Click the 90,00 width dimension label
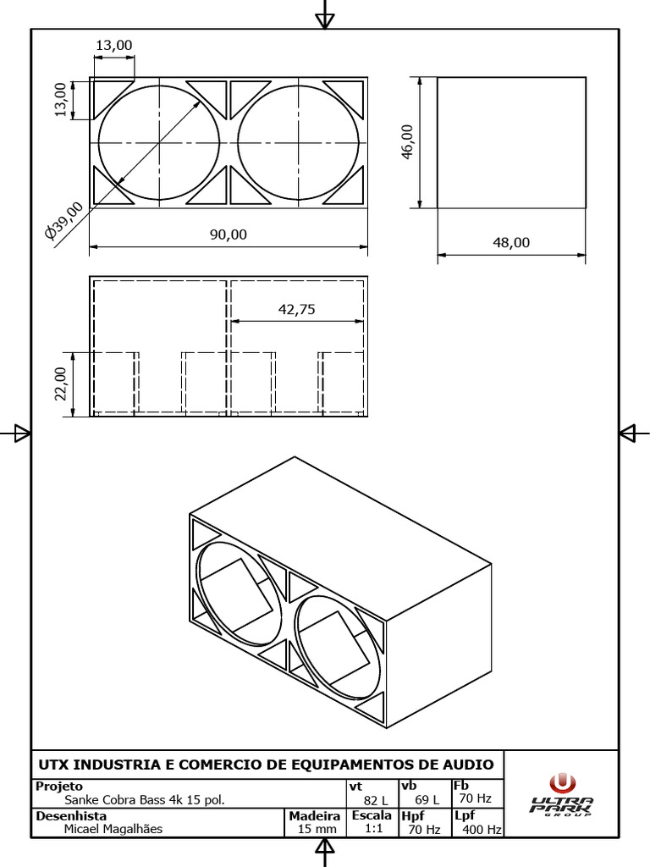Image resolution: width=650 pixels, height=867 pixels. [x=229, y=235]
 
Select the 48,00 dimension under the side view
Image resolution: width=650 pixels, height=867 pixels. [x=510, y=242]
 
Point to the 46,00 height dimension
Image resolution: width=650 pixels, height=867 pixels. [x=408, y=141]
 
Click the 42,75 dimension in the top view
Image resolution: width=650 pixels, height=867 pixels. [x=296, y=310]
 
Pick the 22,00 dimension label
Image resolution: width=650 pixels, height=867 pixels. [x=61, y=385]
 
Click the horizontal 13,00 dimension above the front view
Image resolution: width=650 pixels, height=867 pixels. [x=113, y=44]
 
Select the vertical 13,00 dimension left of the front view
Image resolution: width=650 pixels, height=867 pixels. [x=61, y=99]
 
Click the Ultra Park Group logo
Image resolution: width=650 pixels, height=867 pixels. [x=562, y=795]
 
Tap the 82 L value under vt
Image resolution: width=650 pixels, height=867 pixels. [x=376, y=800]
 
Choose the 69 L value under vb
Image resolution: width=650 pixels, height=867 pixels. [x=427, y=800]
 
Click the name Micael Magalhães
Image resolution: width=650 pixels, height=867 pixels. [x=113, y=830]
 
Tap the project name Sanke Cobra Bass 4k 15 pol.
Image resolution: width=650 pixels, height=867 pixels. [x=145, y=800]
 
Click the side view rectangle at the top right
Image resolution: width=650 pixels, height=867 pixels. [x=511, y=141]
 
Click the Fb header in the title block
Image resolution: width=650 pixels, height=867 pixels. [x=460, y=786]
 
